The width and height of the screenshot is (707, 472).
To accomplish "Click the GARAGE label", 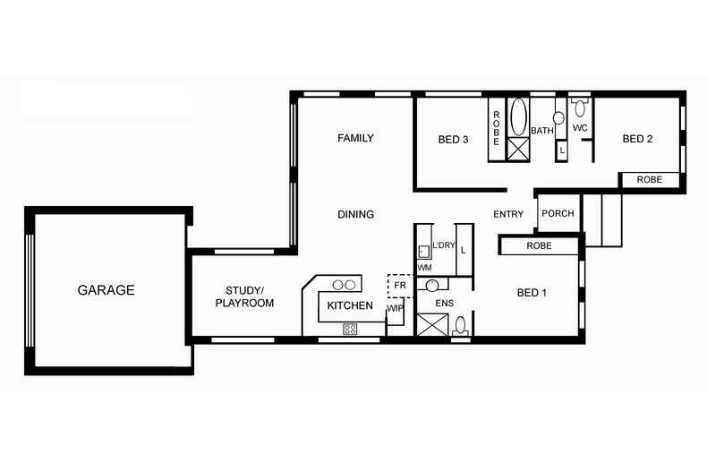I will coord(106,290).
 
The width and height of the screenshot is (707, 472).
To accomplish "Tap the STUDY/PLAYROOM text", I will coord(244,296).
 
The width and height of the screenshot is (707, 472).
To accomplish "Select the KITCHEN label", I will coord(350,306).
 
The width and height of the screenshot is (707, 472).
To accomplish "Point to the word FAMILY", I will coord(355,138).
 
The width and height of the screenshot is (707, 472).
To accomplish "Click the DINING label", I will coord(355,214).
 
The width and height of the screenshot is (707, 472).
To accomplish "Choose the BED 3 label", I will coord(453,139).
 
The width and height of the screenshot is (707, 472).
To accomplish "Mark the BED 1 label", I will coord(532,292).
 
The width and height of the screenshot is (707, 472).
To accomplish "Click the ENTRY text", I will coord(508,214).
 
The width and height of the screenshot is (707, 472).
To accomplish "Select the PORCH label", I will coord(558,214).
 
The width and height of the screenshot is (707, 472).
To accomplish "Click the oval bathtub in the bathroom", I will coord(518,116).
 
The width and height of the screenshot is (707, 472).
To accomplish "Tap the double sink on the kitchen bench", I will coord(345,285).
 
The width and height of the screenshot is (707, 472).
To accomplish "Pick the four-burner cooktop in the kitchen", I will coord(350,329).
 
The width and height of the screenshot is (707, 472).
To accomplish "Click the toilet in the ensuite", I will coord(461,326).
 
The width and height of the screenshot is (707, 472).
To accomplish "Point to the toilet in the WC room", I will coord(580,109).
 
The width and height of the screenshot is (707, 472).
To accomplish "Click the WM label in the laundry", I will coord(424,268).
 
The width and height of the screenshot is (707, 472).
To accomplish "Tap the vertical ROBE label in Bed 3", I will coord(496,129).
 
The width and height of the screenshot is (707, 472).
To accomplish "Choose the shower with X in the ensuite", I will coord(430,324).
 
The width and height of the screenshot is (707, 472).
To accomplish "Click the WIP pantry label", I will coord(395,309).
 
